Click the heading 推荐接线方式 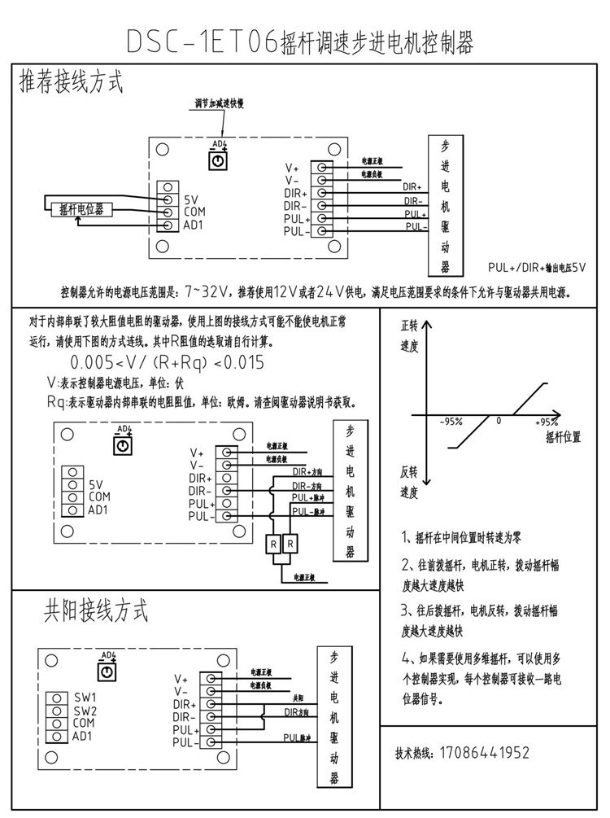pos(71,82)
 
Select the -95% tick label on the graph pos(451,422)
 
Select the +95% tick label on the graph pos(547,422)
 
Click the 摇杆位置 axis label pos(559,437)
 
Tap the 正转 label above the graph pos(409,325)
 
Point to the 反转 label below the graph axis pos(409,472)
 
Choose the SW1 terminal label pos(85,698)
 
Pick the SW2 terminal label pos(85,710)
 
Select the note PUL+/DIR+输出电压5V pos(537,267)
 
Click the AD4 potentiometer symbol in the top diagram pos(218,162)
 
